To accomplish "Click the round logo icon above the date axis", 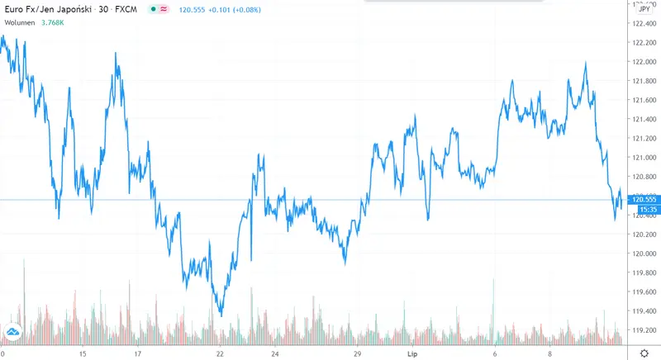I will (x=13, y=333).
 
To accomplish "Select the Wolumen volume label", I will (x=20, y=21).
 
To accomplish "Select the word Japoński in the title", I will (x=73, y=9).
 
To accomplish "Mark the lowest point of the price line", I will (x=221, y=315).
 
